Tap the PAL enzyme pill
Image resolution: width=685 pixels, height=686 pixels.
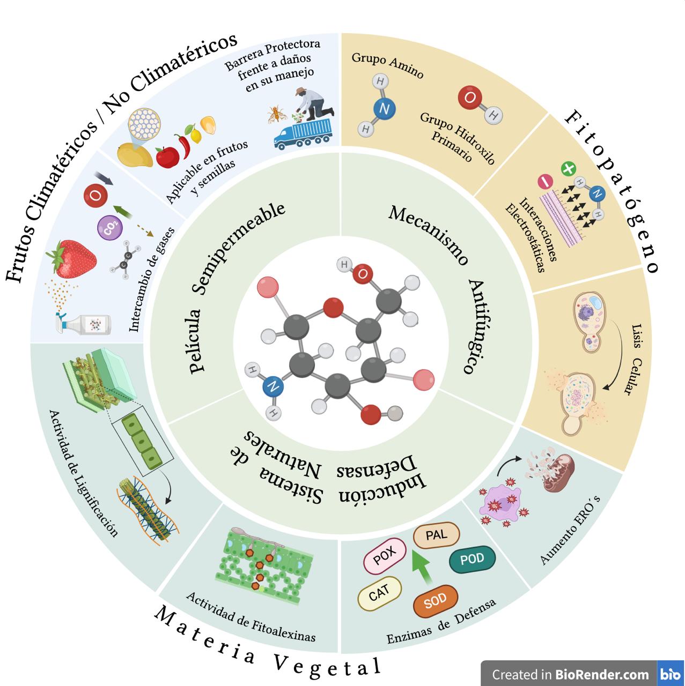[437, 535]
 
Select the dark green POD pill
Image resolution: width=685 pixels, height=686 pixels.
[472, 560]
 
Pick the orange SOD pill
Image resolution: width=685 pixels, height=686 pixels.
[436, 602]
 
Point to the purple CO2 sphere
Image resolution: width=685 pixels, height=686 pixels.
[110, 229]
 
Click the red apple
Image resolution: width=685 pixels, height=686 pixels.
[167, 156]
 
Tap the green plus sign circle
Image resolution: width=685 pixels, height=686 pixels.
[568, 169]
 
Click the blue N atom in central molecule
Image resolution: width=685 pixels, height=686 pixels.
[273, 386]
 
